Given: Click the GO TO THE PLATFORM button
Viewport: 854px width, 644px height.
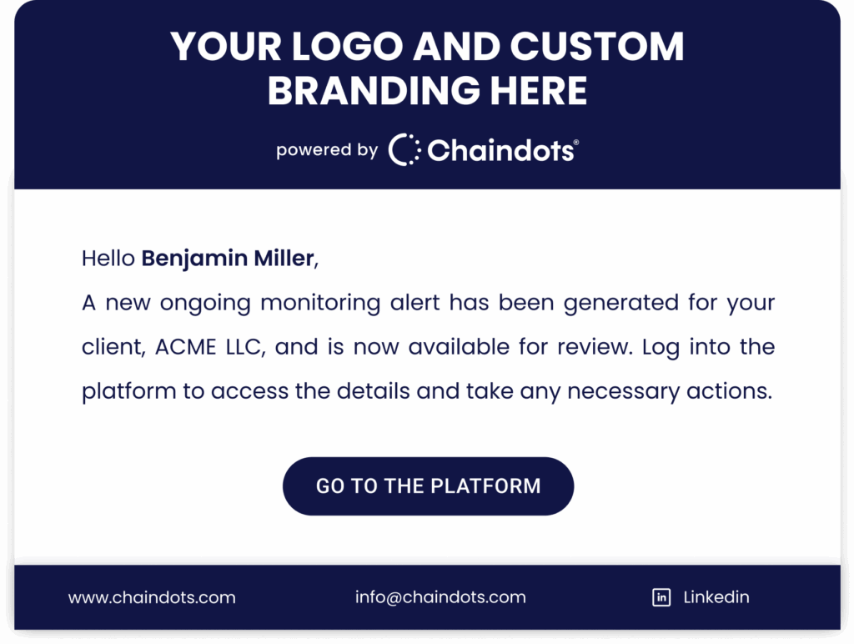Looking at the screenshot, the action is pos(428,486).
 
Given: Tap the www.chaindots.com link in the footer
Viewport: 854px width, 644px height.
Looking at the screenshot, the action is pos(152,597).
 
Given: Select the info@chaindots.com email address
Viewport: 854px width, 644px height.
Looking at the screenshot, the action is pos(440,597).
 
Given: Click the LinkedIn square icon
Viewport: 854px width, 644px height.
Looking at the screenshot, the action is pos(661,597).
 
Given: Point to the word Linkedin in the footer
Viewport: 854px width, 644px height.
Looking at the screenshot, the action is pos(716,597).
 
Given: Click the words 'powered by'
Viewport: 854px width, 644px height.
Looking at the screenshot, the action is pos(327,150).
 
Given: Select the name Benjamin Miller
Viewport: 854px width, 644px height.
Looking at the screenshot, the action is pos(229,259).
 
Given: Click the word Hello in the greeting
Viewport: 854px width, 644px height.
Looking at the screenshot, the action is pos(108,259).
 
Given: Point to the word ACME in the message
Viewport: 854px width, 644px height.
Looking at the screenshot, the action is pos(185,347).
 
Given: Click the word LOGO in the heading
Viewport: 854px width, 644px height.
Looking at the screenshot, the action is pos(347,46).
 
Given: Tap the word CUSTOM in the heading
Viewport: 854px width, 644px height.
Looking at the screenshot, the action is pos(597,46).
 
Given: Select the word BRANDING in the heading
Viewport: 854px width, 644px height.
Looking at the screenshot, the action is pos(374,90).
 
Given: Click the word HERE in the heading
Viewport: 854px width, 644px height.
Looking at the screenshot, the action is pos(538,90).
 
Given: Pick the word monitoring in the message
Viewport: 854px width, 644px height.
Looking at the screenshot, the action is pos(320,304).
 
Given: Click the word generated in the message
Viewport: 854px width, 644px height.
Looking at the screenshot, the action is pos(620,304).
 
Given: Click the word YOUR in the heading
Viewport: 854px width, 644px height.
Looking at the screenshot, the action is pos(225,46).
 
